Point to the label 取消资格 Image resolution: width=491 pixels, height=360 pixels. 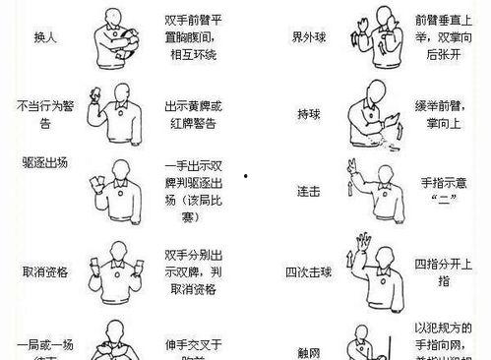(x=42, y=271)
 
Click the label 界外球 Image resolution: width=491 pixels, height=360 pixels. (x=310, y=37)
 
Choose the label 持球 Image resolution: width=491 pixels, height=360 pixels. (x=309, y=114)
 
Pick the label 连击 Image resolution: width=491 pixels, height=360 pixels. (x=308, y=190)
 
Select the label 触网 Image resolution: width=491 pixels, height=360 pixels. (x=308, y=350)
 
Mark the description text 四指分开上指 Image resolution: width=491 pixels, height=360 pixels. (x=439, y=271)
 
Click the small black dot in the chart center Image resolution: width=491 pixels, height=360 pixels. (x=244, y=178)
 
